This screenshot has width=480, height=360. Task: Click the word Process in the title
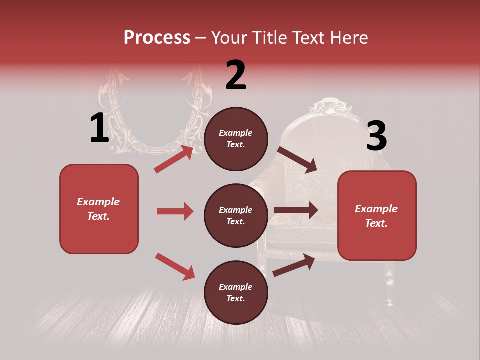click(157, 37)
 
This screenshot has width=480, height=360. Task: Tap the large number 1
click(99, 128)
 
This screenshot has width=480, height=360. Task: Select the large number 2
click(236, 75)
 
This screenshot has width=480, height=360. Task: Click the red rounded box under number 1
click(99, 209)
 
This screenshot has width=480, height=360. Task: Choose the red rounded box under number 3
click(377, 215)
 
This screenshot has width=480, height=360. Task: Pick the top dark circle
click(236, 139)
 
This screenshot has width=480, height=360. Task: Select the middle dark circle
click(236, 215)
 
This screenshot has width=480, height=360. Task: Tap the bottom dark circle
click(236, 292)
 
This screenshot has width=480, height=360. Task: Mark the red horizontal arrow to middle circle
click(175, 211)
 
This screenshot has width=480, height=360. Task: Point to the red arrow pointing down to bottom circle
click(175, 266)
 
